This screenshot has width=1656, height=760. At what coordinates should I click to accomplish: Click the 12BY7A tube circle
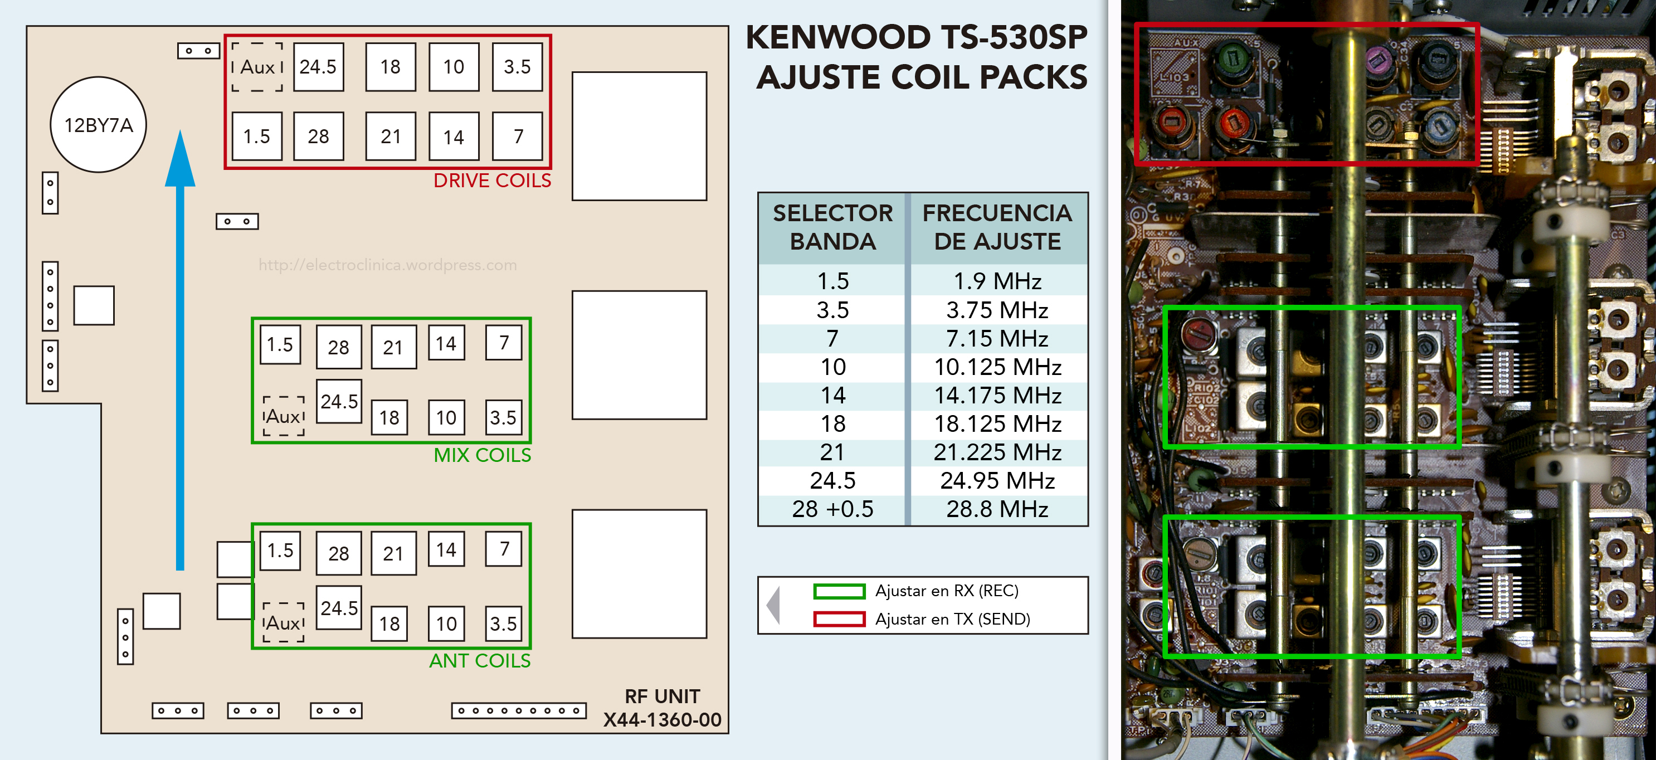coord(99,125)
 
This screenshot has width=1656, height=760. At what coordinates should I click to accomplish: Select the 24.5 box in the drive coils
coord(318,67)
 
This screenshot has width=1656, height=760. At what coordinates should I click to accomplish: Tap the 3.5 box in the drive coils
coord(517,67)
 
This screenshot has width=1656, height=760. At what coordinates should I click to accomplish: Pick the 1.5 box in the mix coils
coord(280,345)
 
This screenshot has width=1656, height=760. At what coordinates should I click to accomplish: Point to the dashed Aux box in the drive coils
coord(257,67)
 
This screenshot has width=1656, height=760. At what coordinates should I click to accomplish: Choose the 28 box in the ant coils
coord(338,553)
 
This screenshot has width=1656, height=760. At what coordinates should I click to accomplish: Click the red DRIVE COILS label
coord(492,181)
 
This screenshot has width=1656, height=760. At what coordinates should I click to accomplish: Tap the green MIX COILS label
coord(482,455)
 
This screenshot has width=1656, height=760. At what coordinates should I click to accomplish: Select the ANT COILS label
coord(480,661)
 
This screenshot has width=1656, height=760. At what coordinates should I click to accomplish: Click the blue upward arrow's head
coord(180,160)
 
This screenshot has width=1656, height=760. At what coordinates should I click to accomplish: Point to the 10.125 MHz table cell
coord(997,367)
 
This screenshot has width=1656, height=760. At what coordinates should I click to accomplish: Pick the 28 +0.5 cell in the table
coord(832,509)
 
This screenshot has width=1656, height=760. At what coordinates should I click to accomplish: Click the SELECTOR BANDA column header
coord(832,227)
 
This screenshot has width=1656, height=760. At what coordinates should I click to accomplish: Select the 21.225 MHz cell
coord(997,452)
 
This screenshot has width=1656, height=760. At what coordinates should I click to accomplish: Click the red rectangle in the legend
coord(839,619)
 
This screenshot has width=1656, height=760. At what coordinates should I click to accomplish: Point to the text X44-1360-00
coord(662,719)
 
